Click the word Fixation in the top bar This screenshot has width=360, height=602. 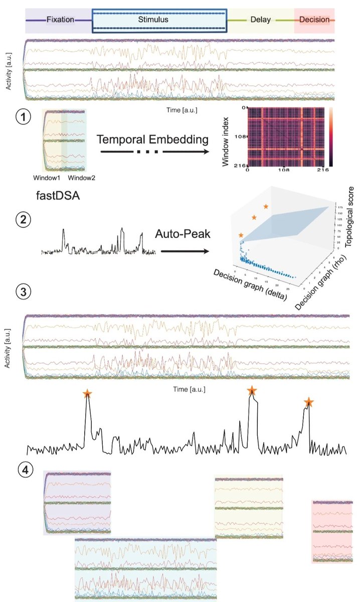[60, 20]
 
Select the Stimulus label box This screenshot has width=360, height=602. [159, 20]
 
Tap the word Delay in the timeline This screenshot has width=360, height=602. [260, 20]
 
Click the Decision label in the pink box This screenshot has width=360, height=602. [314, 20]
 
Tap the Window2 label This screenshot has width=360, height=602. [81, 178]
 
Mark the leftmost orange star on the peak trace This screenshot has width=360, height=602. [87, 394]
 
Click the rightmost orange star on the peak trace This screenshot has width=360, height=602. [309, 401]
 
